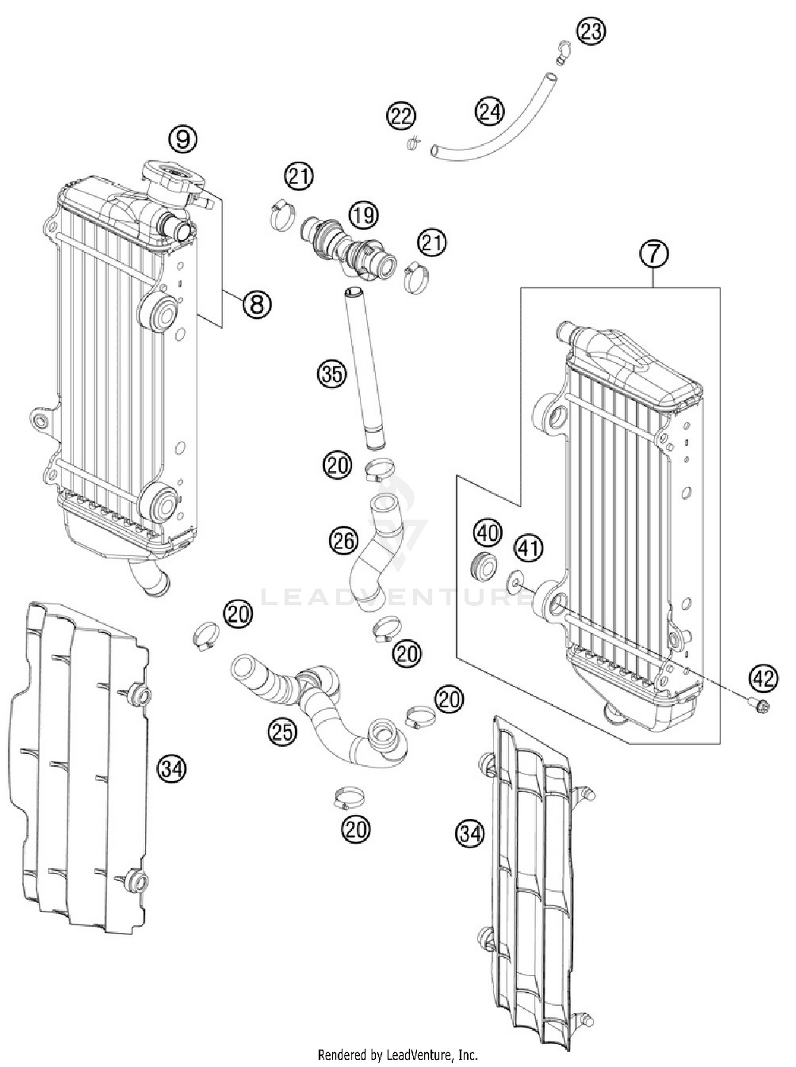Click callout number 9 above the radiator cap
click(x=183, y=139)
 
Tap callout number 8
click(x=257, y=304)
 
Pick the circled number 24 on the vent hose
click(x=489, y=111)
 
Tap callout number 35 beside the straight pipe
click(x=332, y=374)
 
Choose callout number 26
click(x=343, y=540)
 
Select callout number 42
click(x=764, y=679)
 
